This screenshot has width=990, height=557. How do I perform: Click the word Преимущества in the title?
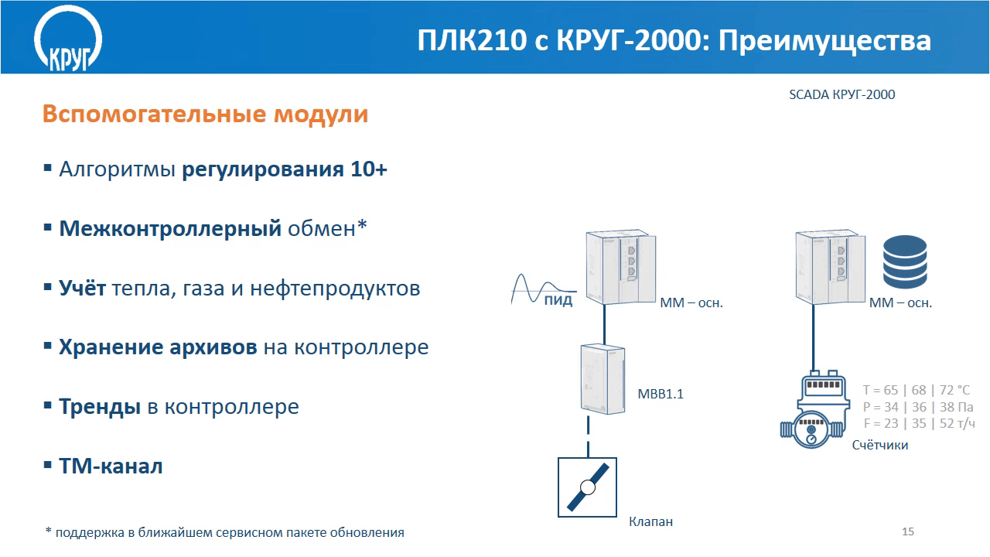(824, 42)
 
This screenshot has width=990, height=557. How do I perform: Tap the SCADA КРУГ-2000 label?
(842, 94)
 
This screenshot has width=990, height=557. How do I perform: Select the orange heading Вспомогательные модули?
(205, 114)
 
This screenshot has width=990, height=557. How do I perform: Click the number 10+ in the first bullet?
(369, 169)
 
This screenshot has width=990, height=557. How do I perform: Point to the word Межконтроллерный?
(170, 228)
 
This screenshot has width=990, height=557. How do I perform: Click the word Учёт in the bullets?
(82, 288)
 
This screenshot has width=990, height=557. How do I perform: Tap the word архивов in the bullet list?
(213, 347)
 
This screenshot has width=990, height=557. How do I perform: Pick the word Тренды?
(100, 407)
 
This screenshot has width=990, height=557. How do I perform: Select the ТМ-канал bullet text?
(111, 466)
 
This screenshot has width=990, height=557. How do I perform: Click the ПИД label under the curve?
(558, 301)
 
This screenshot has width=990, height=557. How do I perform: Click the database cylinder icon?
(905, 261)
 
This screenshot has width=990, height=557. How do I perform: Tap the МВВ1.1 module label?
(661, 394)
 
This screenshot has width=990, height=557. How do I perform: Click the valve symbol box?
(587, 487)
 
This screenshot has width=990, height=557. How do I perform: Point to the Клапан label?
(650, 522)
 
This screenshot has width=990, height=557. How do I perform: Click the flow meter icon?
(814, 410)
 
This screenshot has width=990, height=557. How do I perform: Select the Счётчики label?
(880, 445)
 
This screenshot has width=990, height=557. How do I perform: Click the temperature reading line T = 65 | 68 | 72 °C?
(917, 390)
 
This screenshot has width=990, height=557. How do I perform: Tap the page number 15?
(908, 531)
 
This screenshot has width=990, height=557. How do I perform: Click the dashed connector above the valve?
(588, 436)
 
